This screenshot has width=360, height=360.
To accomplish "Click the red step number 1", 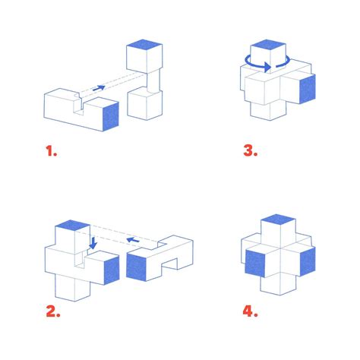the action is [x=51, y=151].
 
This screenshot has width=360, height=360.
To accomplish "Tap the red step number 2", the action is [x=53, y=311].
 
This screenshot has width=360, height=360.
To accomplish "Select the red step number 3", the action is [x=251, y=150].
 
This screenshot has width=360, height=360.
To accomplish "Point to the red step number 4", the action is [x=250, y=311].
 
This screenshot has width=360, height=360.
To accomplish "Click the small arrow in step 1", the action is [x=99, y=88].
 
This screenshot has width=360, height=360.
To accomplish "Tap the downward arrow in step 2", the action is [x=93, y=243].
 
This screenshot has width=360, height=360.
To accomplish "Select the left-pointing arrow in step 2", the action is [x=133, y=240].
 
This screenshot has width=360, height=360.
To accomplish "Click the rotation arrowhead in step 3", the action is [x=267, y=67].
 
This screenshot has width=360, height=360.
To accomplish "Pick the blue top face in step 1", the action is [x=144, y=46].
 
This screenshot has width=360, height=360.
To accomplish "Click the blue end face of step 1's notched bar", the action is [x=111, y=116].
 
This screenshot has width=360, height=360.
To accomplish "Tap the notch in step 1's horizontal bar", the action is [x=78, y=105].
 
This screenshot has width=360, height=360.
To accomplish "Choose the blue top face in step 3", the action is [x=268, y=45].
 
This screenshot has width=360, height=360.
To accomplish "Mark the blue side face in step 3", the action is [x=308, y=89].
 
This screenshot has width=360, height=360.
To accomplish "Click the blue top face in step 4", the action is [x=278, y=219].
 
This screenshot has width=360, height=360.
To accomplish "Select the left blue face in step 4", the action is [x=255, y=264].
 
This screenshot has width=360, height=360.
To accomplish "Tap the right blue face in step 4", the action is [x=308, y=261].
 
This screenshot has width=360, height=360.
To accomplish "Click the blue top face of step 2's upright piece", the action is [x=72, y=225].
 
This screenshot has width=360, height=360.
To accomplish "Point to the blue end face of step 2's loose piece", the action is [x=136, y=267].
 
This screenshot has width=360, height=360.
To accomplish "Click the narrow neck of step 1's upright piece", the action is [x=153, y=81].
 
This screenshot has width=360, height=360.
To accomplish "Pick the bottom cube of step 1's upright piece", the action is [x=144, y=105].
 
